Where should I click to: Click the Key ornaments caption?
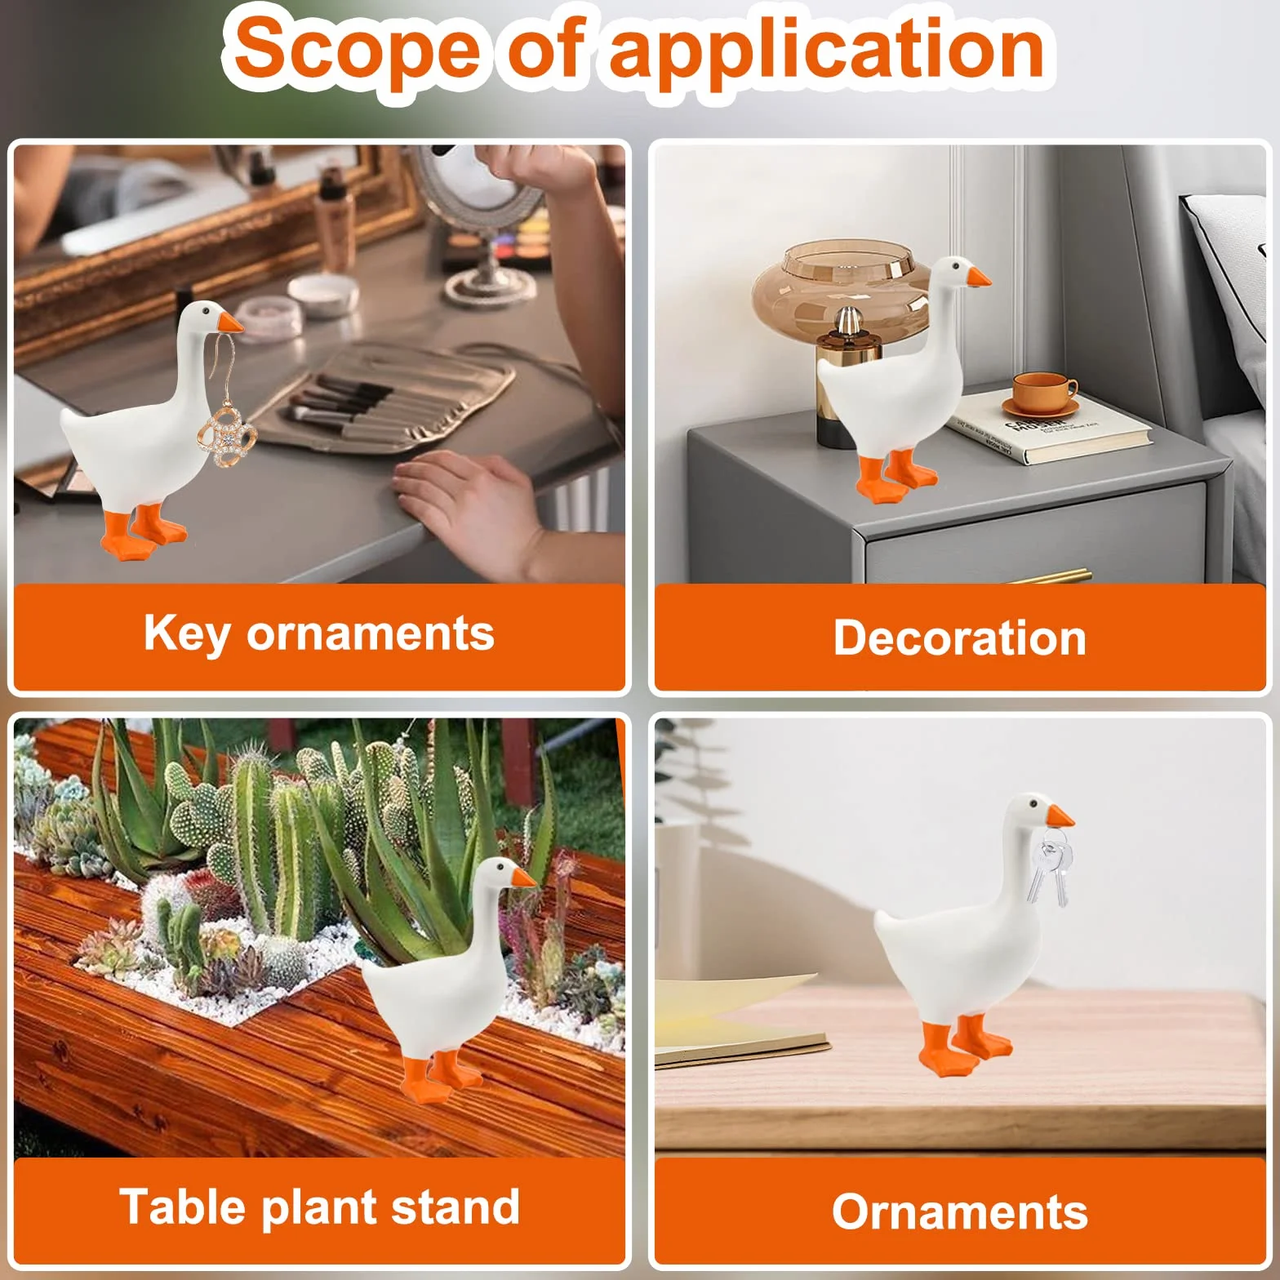pyautogui.click(x=319, y=634)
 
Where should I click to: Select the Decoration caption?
pyautogui.click(x=959, y=638)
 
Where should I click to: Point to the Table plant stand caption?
pyautogui.click(x=319, y=1207)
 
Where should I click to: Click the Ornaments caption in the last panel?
pyautogui.click(x=959, y=1211)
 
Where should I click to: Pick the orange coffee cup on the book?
pyautogui.click(x=1044, y=394)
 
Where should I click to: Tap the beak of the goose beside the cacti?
pyautogui.click(x=522, y=878)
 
